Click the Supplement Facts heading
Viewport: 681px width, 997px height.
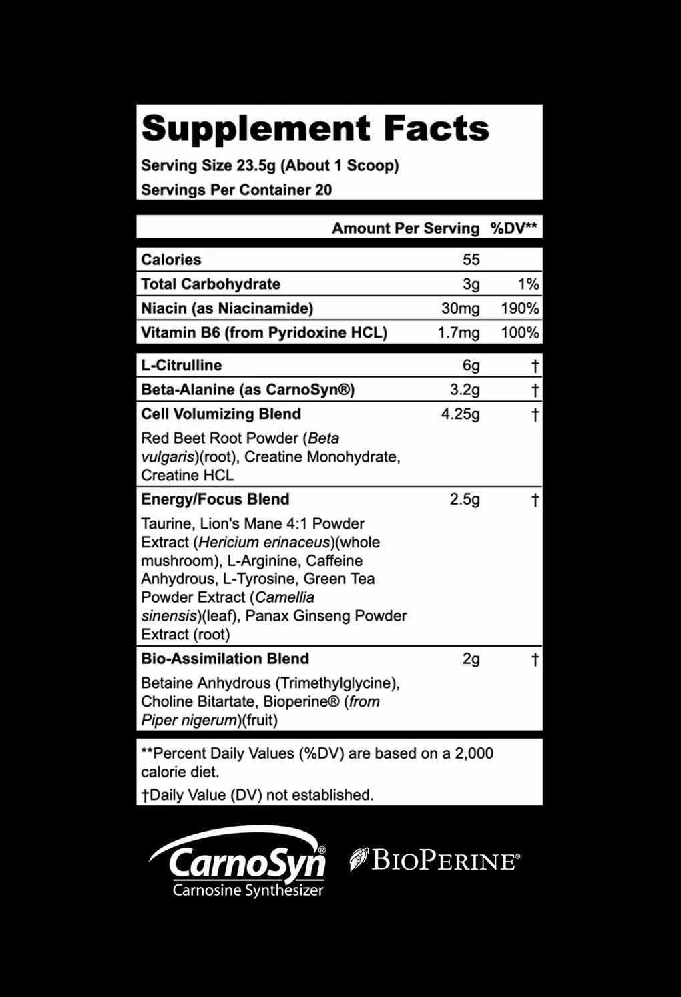click(315, 128)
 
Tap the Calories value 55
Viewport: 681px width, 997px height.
click(471, 260)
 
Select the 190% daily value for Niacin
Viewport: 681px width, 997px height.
click(519, 308)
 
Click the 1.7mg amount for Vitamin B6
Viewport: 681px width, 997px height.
click(458, 332)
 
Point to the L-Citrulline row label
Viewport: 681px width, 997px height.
click(181, 365)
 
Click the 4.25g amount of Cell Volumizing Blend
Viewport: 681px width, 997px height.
click(460, 414)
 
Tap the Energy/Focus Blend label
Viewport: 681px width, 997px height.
click(215, 499)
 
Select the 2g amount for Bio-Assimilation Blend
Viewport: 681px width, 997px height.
click(471, 659)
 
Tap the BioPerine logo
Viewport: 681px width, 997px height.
click(435, 860)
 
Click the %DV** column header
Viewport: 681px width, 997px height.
click(513, 228)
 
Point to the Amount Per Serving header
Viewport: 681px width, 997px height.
click(405, 228)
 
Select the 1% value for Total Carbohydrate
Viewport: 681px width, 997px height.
click(528, 284)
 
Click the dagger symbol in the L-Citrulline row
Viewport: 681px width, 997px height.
click(535, 366)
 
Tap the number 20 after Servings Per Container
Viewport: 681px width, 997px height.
click(323, 190)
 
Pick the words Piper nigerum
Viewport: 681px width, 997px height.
click(190, 720)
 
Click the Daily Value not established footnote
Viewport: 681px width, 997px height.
click(257, 795)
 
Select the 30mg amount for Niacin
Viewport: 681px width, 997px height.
click(460, 308)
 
